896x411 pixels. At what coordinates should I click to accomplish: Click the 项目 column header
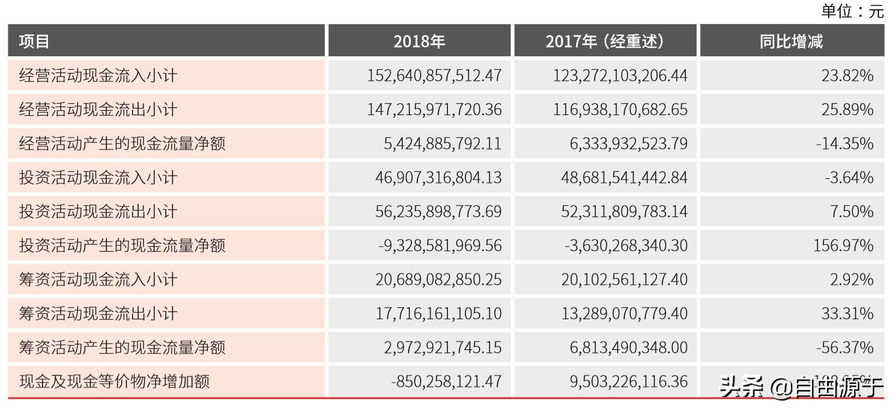(x=34, y=41)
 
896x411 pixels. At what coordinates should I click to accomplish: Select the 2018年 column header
(x=419, y=41)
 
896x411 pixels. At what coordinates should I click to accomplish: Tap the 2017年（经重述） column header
(x=605, y=41)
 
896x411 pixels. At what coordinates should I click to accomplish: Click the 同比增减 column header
(x=791, y=41)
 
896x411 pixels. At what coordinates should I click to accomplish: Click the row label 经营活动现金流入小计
(x=98, y=75)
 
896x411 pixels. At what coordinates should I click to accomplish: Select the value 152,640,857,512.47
(x=434, y=75)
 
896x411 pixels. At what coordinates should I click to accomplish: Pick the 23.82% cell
(x=847, y=75)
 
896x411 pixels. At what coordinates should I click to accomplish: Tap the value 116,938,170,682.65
(x=620, y=110)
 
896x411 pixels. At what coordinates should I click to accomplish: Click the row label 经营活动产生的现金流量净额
(x=122, y=144)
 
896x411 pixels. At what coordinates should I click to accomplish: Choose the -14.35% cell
(x=844, y=144)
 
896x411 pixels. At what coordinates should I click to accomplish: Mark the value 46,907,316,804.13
(x=438, y=177)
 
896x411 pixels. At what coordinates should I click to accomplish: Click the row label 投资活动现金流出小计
(x=98, y=211)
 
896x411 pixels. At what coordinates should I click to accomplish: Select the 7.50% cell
(x=851, y=211)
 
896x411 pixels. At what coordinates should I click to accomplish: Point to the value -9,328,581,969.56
(x=440, y=246)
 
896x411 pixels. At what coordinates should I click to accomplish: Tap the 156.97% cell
(x=843, y=246)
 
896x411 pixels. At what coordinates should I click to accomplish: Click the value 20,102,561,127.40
(x=624, y=279)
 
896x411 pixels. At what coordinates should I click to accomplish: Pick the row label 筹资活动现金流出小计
(x=98, y=313)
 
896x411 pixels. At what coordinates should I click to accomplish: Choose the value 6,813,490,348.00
(x=629, y=347)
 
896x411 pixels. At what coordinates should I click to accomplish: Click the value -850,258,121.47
(x=446, y=381)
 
